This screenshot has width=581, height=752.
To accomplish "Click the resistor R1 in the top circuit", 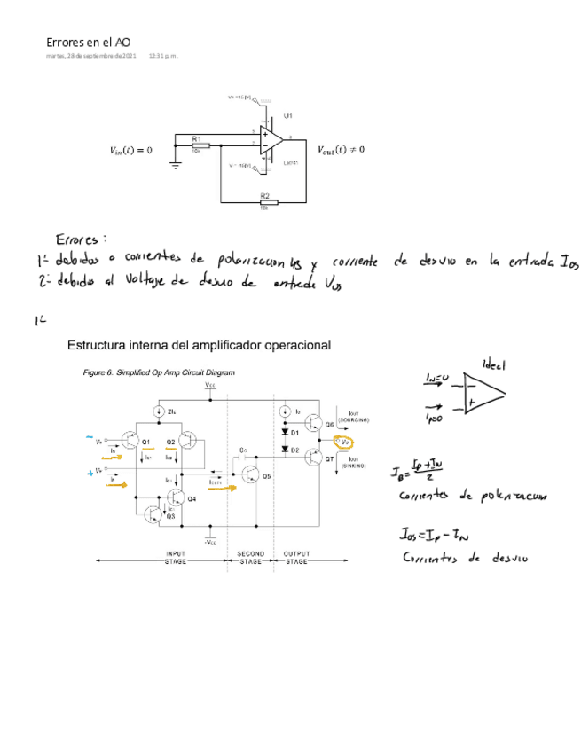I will click(200, 146).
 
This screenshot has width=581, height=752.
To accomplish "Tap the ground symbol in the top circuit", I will click(176, 166).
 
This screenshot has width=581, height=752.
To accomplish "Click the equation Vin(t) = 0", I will click(125, 149).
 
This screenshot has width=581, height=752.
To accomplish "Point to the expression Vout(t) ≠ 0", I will click(341, 149).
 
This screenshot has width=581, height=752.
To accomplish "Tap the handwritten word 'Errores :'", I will click(81, 239).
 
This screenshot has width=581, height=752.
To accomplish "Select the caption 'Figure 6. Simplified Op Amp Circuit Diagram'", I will click(160, 372).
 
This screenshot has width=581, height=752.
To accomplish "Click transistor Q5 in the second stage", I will click(254, 474).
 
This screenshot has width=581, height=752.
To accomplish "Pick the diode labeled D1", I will click(286, 433).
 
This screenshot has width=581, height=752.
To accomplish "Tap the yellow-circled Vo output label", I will click(346, 441).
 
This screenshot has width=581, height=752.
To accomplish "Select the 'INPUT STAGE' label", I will click(176, 558).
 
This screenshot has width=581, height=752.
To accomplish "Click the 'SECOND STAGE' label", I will click(251, 558).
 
